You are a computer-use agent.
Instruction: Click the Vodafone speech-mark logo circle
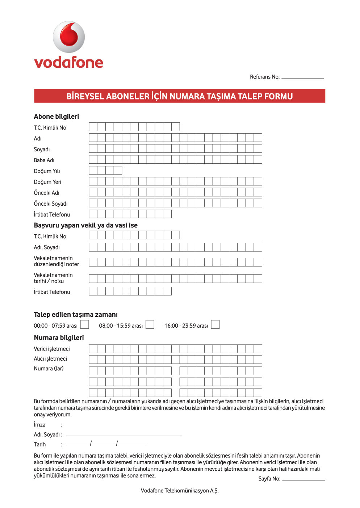(x=69, y=37)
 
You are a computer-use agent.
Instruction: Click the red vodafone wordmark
(x=68, y=62)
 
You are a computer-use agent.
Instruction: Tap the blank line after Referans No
(x=302, y=77)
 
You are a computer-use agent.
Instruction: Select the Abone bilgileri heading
(x=56, y=117)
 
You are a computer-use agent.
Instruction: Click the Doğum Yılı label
(x=47, y=171)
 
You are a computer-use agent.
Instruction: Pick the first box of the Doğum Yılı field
(x=93, y=170)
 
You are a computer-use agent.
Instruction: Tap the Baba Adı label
(x=44, y=160)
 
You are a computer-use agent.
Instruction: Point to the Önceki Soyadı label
(x=50, y=204)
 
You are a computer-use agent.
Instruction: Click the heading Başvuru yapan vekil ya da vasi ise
(x=85, y=225)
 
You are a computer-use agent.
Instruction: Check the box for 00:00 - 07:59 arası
(x=84, y=324)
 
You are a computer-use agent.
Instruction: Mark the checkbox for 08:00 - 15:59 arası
(x=150, y=324)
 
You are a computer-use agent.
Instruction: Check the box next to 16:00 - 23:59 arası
(x=215, y=324)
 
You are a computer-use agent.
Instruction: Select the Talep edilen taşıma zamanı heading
(x=75, y=315)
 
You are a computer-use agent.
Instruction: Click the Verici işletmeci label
(x=51, y=349)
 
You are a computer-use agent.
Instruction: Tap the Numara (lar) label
(x=49, y=369)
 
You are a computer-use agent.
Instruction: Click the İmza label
(x=39, y=425)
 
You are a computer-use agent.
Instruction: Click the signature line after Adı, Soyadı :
(x=124, y=435)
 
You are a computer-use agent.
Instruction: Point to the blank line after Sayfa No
(x=303, y=479)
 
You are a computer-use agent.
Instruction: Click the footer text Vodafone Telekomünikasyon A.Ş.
(x=180, y=491)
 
